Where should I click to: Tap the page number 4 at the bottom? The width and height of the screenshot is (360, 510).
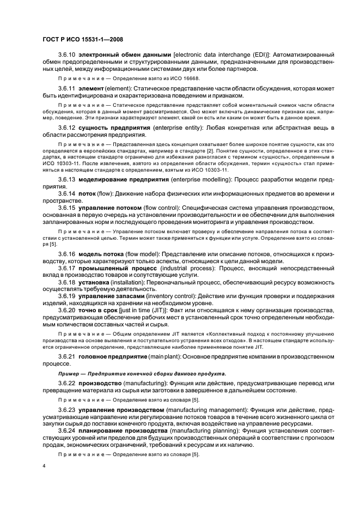click(x=44, y=466)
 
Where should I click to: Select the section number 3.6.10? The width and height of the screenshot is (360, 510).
click(x=67, y=55)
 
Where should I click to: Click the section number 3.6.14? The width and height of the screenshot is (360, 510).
click(x=67, y=194)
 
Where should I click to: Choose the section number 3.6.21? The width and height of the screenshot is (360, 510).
click(x=67, y=356)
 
